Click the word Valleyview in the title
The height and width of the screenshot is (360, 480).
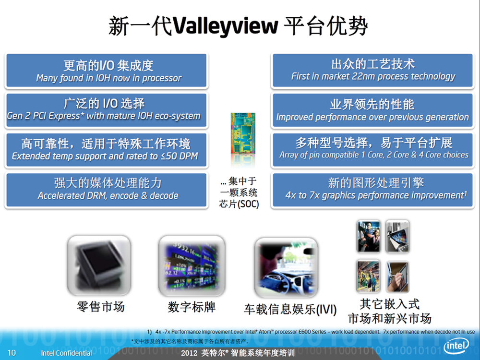pyautogui.click(x=226, y=26)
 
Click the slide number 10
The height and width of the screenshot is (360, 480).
pyautogui.click(x=12, y=353)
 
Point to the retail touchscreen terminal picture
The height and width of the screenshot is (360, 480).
pyautogui.click(x=99, y=265)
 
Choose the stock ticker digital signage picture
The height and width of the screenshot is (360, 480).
pyautogui.click(x=192, y=265)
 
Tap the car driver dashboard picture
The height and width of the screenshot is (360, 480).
pyautogui.click(x=286, y=267)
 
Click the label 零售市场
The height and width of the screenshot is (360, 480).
pyautogui.click(x=101, y=307)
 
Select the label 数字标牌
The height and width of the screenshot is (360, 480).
pyautogui.click(x=192, y=307)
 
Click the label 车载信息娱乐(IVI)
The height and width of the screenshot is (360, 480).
pyautogui.click(x=290, y=309)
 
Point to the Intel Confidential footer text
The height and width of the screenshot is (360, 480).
pyautogui.click(x=66, y=353)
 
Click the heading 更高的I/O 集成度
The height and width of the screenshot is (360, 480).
pyautogui.click(x=108, y=65)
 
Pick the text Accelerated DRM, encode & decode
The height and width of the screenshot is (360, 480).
pyautogui.click(x=108, y=196)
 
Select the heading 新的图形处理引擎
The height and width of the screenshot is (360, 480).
pyautogui.click(x=376, y=183)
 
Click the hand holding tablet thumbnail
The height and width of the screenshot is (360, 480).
pyautogui.click(x=397, y=277)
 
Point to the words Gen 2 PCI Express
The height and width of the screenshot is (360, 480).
pyautogui.click(x=43, y=116)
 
